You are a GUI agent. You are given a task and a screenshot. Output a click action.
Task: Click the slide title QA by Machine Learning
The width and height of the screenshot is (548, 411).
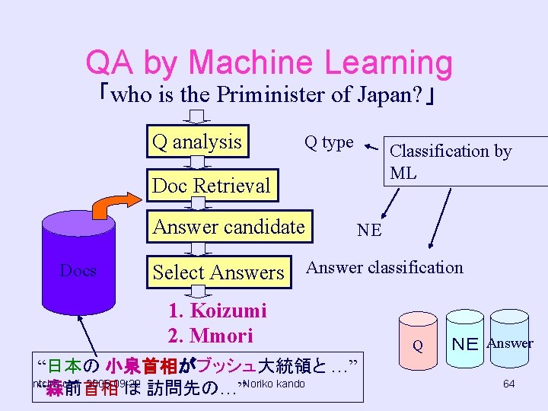pyautogui.click(x=269, y=63)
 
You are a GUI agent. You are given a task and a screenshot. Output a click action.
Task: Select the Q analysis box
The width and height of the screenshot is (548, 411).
pyautogui.click(x=198, y=142)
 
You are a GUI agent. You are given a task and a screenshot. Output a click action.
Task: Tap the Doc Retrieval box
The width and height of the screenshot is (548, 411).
pyautogui.click(x=211, y=185)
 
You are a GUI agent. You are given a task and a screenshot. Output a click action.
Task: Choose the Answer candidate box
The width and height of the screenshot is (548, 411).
pyautogui.click(x=229, y=227)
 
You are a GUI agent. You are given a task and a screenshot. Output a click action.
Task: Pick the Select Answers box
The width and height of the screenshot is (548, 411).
pyautogui.click(x=218, y=272)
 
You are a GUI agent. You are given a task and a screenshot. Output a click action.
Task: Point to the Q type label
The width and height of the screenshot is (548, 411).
pyautogui.click(x=329, y=142)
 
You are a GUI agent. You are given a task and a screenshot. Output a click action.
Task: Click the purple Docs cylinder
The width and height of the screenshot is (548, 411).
pyautogui.click(x=78, y=270)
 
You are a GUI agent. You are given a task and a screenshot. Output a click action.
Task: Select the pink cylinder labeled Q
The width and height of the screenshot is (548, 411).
pyautogui.click(x=418, y=342)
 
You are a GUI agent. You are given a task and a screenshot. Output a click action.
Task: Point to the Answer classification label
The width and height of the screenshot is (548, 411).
pyautogui.click(x=384, y=267)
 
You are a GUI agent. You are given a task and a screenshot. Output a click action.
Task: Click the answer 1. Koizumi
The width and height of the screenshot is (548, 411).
pyautogui.click(x=217, y=311)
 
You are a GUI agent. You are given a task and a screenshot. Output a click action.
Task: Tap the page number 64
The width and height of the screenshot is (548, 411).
pyautogui.click(x=508, y=384)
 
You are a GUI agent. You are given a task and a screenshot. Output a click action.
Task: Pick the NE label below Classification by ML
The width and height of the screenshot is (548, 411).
pyautogui.click(x=369, y=230)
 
